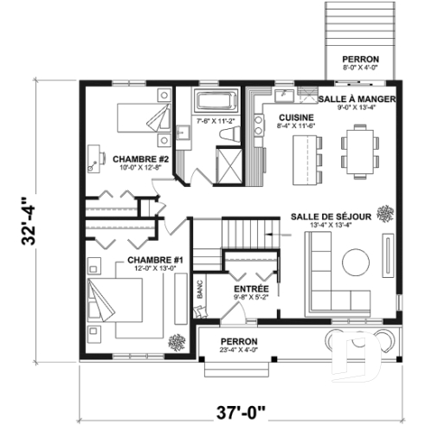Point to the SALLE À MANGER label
tap(357, 100)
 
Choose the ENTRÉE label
tap(250, 288)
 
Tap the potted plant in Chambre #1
tap(177, 340)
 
